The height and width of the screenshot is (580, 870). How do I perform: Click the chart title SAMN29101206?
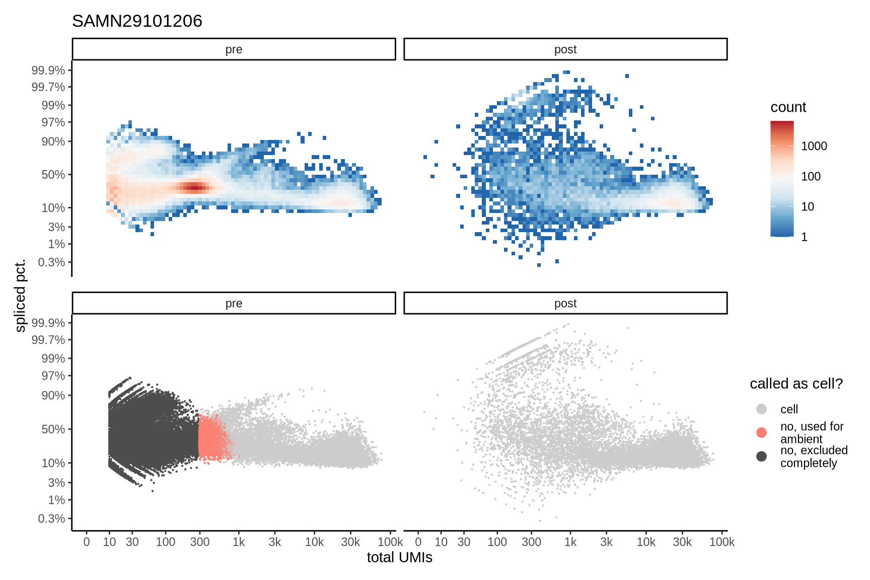(x=137, y=21)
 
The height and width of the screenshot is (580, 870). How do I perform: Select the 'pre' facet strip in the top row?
(x=234, y=49)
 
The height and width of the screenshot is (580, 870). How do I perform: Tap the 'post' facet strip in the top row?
(x=565, y=49)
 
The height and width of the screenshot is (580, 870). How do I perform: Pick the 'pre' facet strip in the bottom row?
(x=234, y=303)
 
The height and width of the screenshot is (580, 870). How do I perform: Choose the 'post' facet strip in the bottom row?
(x=565, y=303)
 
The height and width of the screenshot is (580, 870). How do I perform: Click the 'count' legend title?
(x=788, y=107)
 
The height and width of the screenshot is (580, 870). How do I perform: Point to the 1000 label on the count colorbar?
(x=814, y=146)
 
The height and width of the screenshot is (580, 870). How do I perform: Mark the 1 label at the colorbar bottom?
(x=804, y=237)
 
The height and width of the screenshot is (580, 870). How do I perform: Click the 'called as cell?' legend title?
(x=796, y=384)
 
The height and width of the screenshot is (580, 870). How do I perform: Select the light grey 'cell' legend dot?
(x=761, y=409)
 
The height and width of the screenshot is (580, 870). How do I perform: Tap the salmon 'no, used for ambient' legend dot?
(x=761, y=432)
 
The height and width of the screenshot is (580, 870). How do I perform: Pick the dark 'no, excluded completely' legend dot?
(x=761, y=456)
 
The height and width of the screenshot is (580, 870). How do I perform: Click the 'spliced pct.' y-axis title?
(x=20, y=296)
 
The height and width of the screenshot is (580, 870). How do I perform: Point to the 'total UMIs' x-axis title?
(x=399, y=557)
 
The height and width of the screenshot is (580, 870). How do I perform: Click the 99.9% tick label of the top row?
(x=48, y=70)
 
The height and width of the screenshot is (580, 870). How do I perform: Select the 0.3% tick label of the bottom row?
(x=51, y=518)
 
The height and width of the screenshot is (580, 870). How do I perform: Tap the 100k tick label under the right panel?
(x=721, y=542)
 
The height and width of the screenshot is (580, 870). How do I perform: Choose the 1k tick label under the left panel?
(x=239, y=542)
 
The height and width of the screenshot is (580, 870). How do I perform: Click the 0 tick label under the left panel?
(x=87, y=542)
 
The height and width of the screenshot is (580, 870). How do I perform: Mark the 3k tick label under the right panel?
(x=606, y=542)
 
